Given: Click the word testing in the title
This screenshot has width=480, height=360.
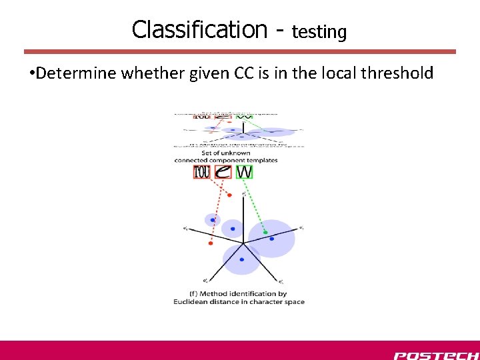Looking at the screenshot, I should click(319, 31).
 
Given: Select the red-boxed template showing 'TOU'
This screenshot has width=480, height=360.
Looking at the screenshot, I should click(202, 172).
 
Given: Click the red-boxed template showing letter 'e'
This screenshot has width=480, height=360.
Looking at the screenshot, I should click(223, 172).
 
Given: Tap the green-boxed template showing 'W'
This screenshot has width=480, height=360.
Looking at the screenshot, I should click(244, 172).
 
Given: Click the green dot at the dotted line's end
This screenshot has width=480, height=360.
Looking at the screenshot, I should click(265, 232).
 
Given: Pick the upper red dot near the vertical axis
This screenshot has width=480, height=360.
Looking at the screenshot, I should click(229, 195).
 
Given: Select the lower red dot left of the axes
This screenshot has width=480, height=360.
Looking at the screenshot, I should click(211, 243).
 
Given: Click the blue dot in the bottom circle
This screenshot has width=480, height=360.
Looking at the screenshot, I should click(241, 259).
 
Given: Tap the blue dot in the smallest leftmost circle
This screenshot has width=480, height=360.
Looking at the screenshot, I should click(213, 219).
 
